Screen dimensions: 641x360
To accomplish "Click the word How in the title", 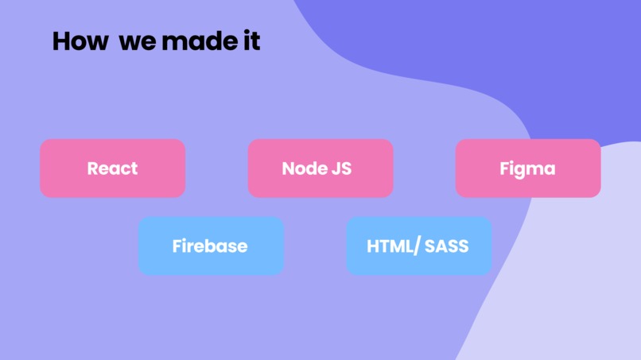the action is [80, 41].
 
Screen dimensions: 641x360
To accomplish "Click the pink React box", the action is [112, 168].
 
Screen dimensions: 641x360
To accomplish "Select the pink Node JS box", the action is [320, 168].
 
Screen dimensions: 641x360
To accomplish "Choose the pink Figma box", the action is [528, 168].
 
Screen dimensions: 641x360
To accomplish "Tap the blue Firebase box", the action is [211, 246].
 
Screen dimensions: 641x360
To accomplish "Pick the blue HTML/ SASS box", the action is [418, 246].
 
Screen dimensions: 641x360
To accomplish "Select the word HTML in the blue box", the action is [390, 246].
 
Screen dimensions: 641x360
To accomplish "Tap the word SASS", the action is [446, 246].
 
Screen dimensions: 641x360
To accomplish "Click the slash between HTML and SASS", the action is [417, 247].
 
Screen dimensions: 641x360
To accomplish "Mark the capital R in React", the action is [93, 168].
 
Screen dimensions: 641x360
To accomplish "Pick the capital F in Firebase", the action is [177, 246].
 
